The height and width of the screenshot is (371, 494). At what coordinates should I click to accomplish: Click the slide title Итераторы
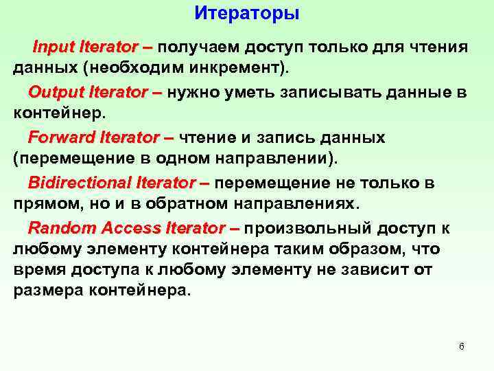click(x=247, y=13)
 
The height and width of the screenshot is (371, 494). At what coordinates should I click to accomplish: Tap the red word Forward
click(x=59, y=137)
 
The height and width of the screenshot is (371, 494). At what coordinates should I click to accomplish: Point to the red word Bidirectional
click(x=80, y=183)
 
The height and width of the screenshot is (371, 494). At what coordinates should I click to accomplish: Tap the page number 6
click(x=461, y=346)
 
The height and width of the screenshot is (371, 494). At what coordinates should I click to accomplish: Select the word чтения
click(x=439, y=47)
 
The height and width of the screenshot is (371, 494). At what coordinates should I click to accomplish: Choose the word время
click(x=36, y=270)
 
